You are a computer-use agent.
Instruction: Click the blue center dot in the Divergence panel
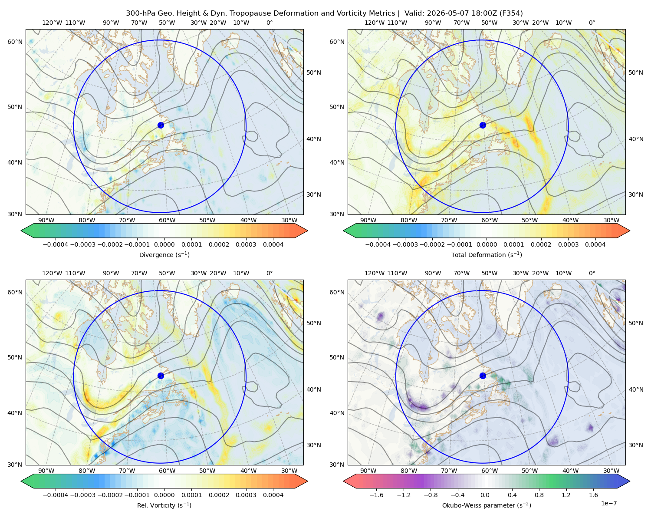tap(161, 125)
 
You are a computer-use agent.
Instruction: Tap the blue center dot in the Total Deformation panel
tap(483, 125)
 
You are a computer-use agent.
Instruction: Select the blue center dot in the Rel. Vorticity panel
tap(161, 376)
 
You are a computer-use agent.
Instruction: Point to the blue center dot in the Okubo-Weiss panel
tap(483, 376)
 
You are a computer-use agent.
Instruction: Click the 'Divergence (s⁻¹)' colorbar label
tap(164, 254)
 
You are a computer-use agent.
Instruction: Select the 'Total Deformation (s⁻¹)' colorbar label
tap(487, 254)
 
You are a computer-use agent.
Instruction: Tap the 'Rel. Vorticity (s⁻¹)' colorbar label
tap(164, 505)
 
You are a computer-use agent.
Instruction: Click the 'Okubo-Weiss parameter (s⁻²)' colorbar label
tap(487, 505)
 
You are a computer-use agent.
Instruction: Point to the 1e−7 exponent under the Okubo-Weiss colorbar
tap(608, 503)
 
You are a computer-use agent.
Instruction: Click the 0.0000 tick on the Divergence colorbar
tap(164, 244)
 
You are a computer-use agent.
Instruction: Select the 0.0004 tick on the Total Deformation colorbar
tap(595, 244)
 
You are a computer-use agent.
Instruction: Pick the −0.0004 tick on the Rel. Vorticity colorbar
tap(56, 495)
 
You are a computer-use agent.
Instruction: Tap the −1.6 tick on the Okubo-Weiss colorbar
tap(376, 495)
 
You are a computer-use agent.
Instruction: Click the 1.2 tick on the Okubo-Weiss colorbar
tap(566, 495)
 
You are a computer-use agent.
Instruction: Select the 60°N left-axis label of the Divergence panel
tap(15, 42)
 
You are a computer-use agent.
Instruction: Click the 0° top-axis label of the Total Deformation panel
tap(592, 23)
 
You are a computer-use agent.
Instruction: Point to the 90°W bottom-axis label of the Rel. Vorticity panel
tap(46, 471)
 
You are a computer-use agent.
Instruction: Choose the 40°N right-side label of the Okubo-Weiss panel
tap(636, 389)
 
